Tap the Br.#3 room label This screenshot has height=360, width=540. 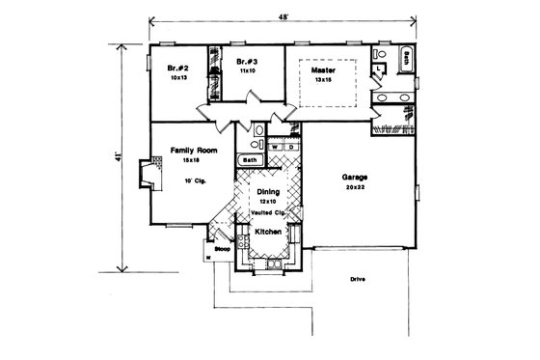(245, 63)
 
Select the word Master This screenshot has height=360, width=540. (323, 70)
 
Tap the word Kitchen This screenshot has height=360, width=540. (267, 232)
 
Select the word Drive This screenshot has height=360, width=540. (359, 280)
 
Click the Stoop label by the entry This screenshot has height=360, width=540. (222, 247)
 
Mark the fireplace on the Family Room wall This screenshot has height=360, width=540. (147, 176)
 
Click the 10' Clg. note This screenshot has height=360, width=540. (194, 180)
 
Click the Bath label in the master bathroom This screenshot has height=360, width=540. (408, 55)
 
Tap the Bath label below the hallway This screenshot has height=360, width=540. (249, 160)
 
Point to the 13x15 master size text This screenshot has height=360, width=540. (323, 80)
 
